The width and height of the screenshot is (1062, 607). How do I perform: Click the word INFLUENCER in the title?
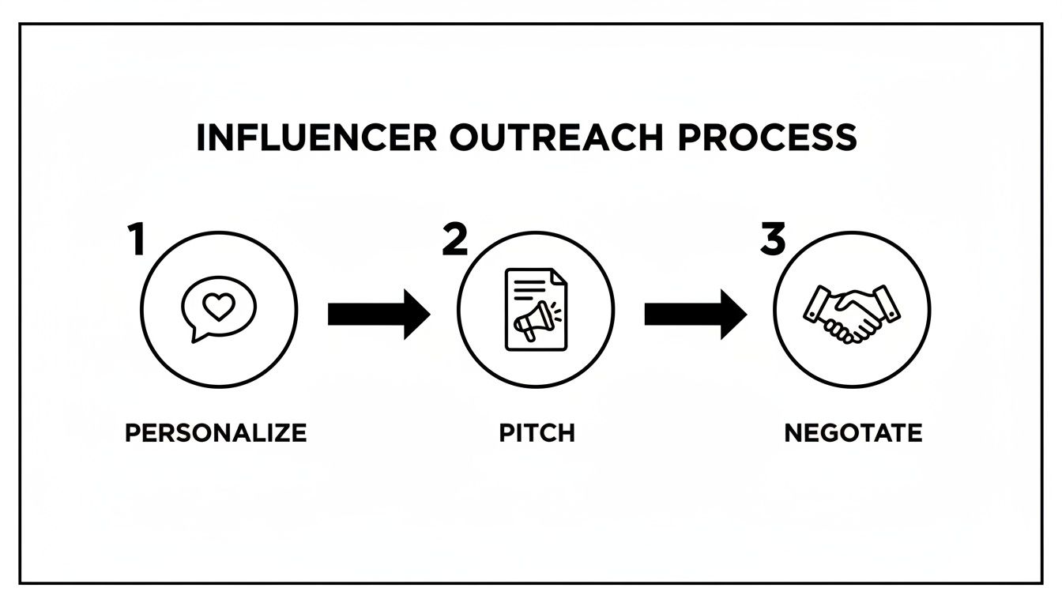point(314,138)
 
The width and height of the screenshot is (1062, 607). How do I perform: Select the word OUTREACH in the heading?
point(552,138)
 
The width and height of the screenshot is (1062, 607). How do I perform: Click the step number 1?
point(136,239)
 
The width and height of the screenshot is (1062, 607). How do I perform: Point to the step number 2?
point(454,239)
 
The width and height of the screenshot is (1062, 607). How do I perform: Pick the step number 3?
point(773,239)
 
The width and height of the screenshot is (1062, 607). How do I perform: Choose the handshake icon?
point(853,313)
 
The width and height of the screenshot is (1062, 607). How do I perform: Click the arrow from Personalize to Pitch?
point(378,314)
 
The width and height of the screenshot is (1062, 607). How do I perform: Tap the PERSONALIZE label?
point(216,433)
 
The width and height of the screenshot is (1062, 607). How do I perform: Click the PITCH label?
point(537,433)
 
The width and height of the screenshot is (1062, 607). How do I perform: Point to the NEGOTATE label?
point(853,433)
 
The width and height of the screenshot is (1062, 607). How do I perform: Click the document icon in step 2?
point(537,309)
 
